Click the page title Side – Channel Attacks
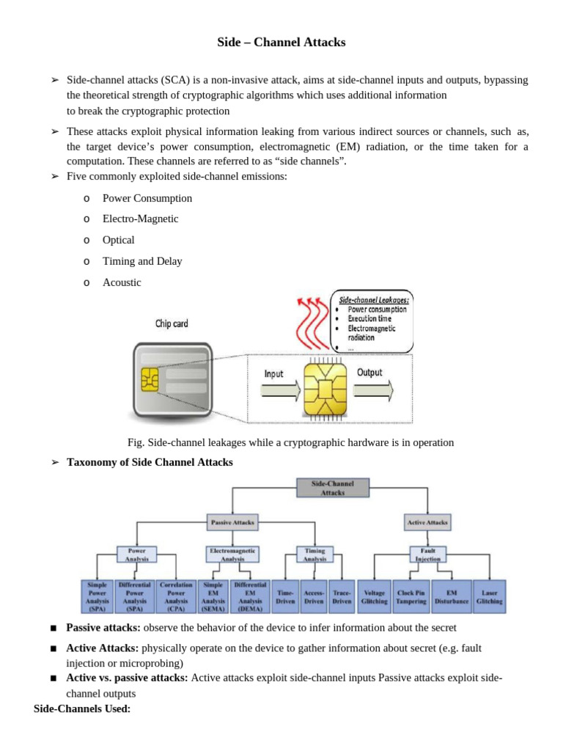pyautogui.click(x=281, y=43)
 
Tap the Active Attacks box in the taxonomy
pyautogui.click(x=427, y=522)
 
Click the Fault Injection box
pyautogui.click(x=429, y=554)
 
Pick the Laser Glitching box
pyautogui.click(x=489, y=596)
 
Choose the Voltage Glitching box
pyautogui.click(x=375, y=596)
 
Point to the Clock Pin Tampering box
pyautogui.click(x=411, y=596)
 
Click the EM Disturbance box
pyautogui.click(x=451, y=596)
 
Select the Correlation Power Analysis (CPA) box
pyautogui.click(x=176, y=596)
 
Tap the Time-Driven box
pyautogui.click(x=284, y=596)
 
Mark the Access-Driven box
pyautogui.click(x=314, y=596)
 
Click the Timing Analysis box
pyautogui.click(x=314, y=554)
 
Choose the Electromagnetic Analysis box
pyautogui.click(x=232, y=554)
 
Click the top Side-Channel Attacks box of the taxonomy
pyautogui.click(x=332, y=488)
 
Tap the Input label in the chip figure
pyautogui.click(x=273, y=373)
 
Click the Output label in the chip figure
pyautogui.click(x=369, y=373)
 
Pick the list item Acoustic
pyautogui.click(x=122, y=282)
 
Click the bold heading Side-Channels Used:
pyautogui.click(x=82, y=709)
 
